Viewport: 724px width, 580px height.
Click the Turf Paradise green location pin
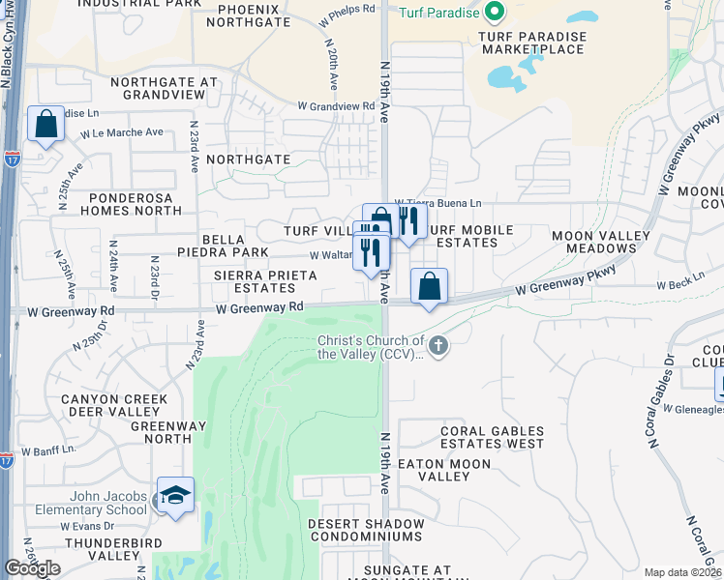click(x=495, y=13)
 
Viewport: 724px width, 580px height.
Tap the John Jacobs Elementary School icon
click(x=175, y=496)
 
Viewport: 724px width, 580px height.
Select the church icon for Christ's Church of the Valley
click(x=438, y=345)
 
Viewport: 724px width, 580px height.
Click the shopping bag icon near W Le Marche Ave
click(x=45, y=125)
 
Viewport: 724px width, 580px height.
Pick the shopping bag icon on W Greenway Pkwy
click(x=429, y=287)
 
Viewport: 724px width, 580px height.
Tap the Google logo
click(x=33, y=568)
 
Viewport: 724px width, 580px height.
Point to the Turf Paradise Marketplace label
click(x=533, y=43)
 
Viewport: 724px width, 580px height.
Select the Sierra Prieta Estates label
click(x=265, y=281)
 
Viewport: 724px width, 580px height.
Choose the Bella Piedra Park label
click(x=222, y=245)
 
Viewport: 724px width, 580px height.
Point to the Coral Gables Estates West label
click(x=493, y=438)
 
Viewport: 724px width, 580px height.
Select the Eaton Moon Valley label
click(x=447, y=470)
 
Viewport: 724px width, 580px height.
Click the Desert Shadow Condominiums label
click(x=366, y=530)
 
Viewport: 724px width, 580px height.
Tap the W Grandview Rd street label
click(x=336, y=105)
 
